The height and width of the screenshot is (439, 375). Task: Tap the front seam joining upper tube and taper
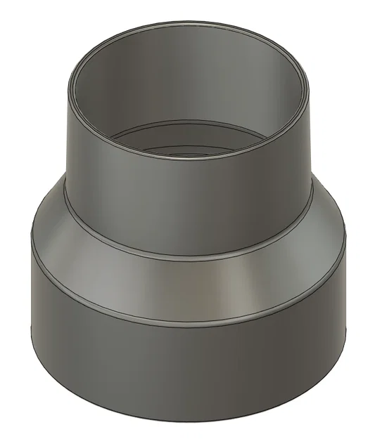[x=190, y=256]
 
